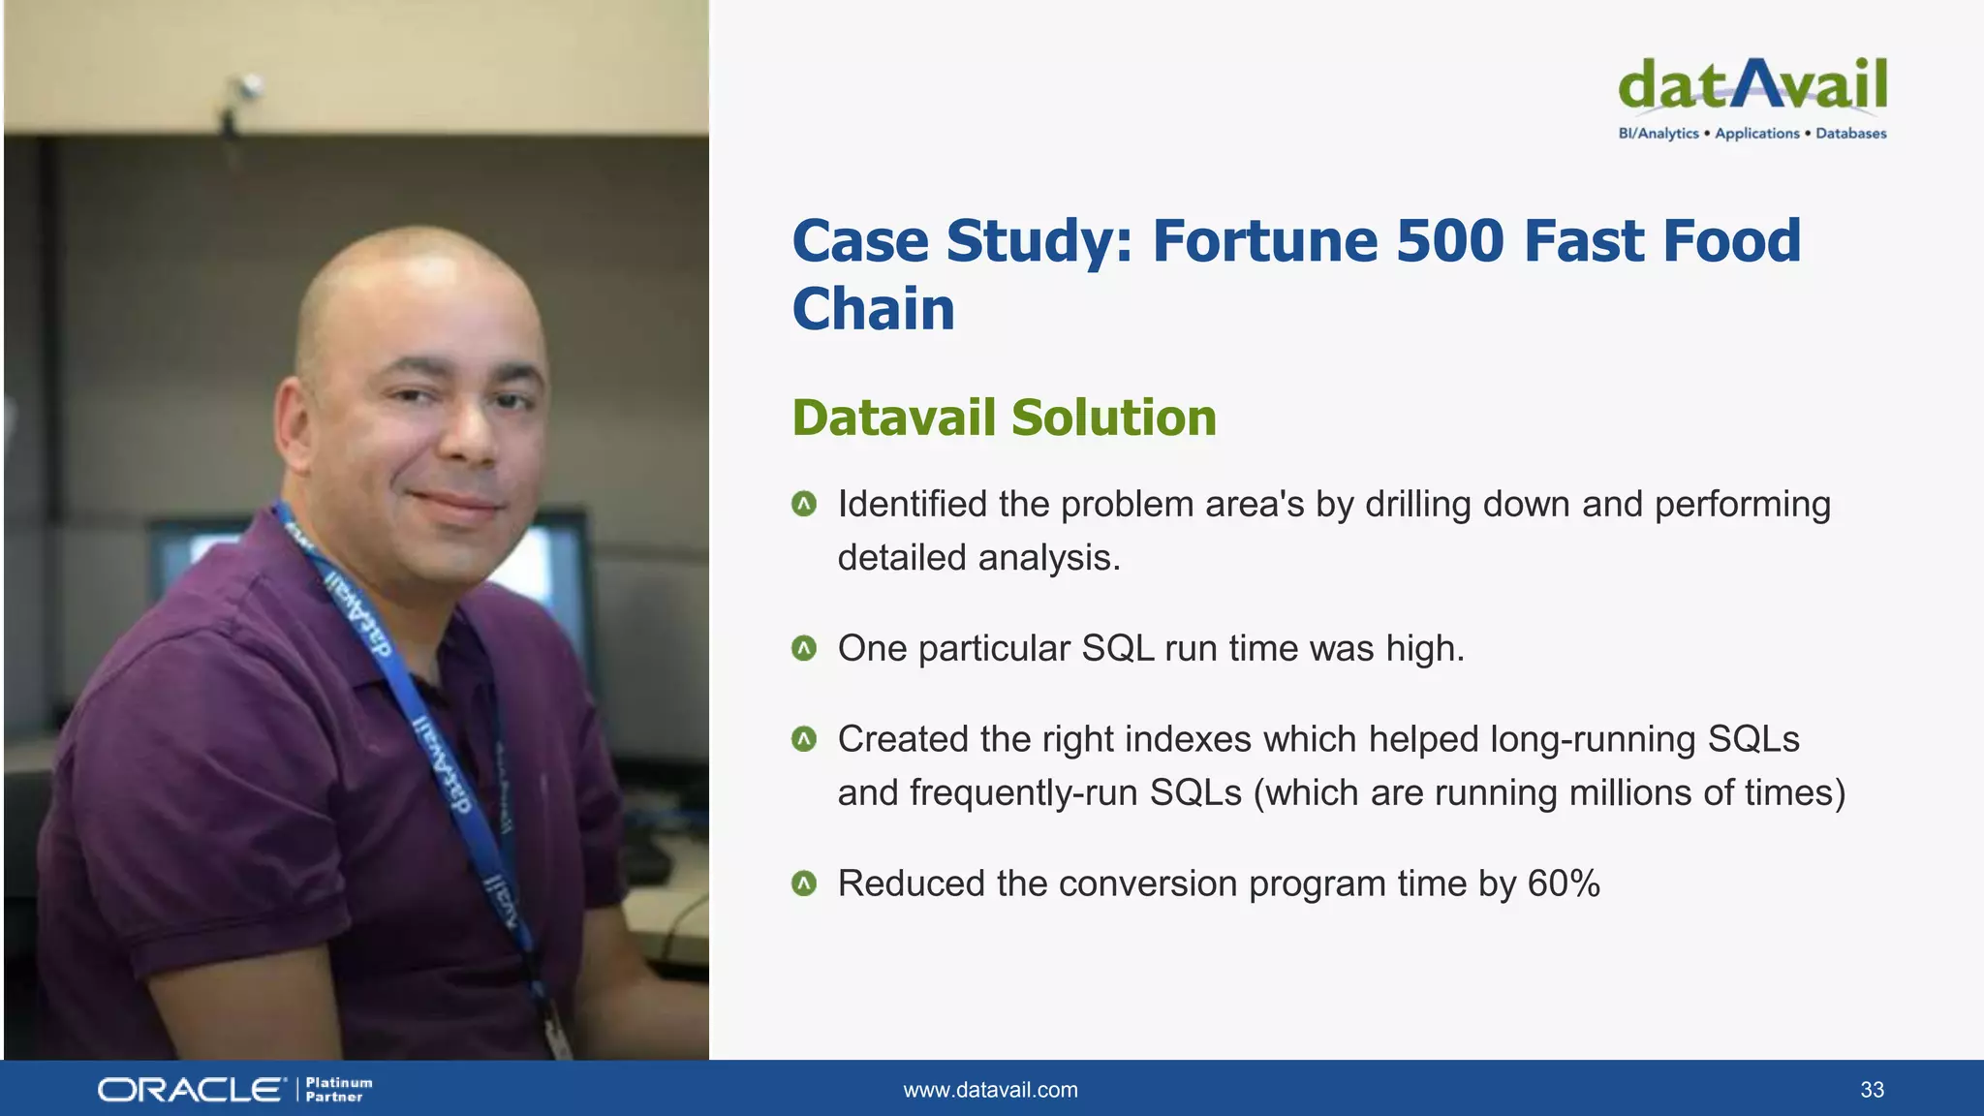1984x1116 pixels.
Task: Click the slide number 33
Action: tap(1872, 1090)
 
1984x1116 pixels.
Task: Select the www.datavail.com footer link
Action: tap(990, 1090)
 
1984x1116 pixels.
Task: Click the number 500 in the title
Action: tap(1449, 241)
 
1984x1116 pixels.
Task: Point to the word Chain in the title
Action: tap(874, 310)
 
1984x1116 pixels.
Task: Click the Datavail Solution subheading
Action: tap(1004, 418)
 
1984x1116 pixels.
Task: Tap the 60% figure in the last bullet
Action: tap(1564, 883)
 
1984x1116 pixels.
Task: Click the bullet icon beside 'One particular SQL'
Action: tap(804, 648)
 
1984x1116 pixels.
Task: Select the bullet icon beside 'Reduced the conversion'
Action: tap(804, 883)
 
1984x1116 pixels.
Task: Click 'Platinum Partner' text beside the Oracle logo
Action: tap(338, 1090)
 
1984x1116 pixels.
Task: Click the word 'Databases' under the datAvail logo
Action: tap(1850, 134)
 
